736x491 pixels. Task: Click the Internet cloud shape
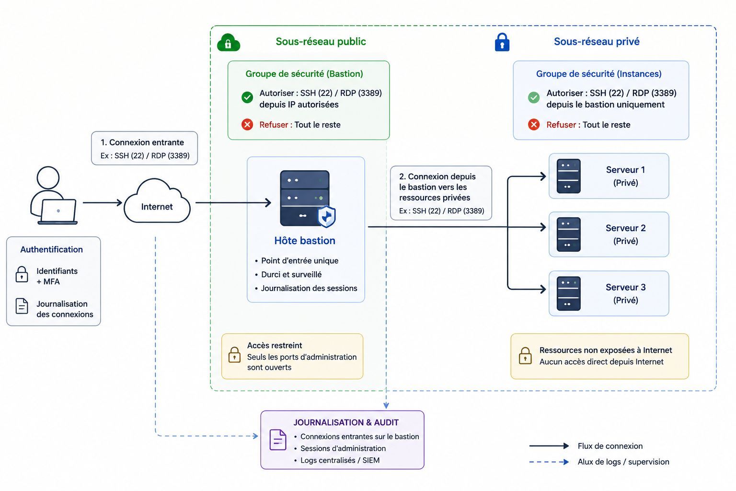click(x=157, y=201)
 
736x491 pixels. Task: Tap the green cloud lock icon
click(x=229, y=42)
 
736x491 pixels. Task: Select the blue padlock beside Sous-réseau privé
click(x=502, y=42)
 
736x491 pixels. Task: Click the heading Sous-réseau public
click(x=321, y=41)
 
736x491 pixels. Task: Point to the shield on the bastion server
click(x=327, y=216)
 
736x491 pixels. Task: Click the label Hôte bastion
click(x=305, y=241)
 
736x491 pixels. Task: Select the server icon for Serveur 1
click(x=568, y=176)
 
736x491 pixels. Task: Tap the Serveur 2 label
click(x=626, y=228)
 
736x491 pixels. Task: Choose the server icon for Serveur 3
click(x=568, y=293)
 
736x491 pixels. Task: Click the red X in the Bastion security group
click(x=247, y=125)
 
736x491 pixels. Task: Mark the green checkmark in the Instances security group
click(x=534, y=97)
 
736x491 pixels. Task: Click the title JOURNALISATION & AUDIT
click(x=346, y=422)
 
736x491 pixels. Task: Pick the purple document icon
click(x=278, y=440)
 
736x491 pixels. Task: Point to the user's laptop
click(x=58, y=211)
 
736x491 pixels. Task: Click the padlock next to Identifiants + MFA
click(x=22, y=274)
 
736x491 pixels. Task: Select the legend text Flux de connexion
click(x=610, y=446)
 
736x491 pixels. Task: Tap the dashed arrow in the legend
click(x=549, y=462)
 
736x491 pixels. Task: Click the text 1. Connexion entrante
click(x=142, y=142)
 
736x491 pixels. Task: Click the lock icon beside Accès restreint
click(x=234, y=355)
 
